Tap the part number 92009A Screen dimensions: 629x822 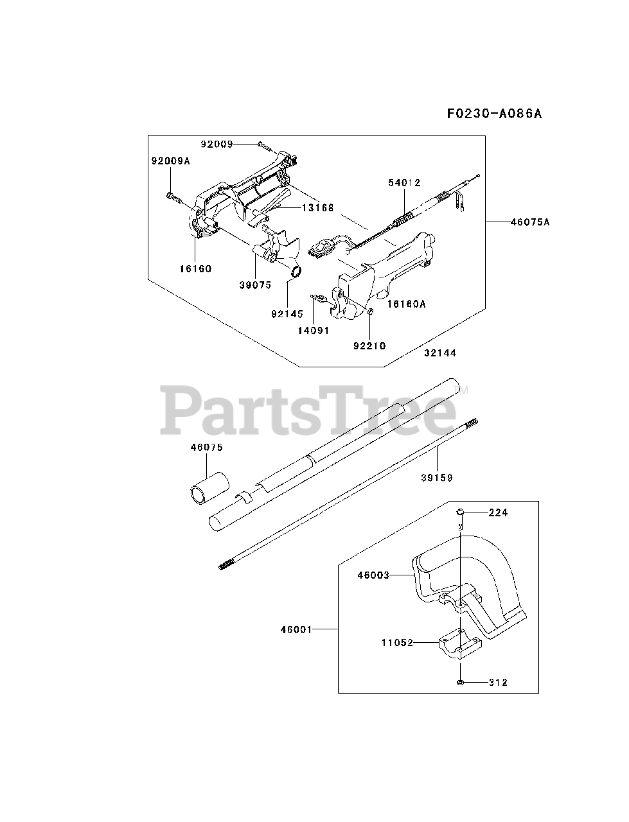tap(171, 161)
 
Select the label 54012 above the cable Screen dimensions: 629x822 tap(404, 183)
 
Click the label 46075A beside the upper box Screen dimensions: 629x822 tap(531, 222)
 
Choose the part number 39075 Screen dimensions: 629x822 tap(256, 284)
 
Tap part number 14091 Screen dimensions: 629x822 tap(313, 331)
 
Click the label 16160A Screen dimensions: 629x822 tap(406, 304)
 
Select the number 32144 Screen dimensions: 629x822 tap(440, 353)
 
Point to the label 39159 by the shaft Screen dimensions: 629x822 tap(437, 477)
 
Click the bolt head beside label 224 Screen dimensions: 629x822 tap(462, 512)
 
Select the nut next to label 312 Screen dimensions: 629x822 tap(462, 682)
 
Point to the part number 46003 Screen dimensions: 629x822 tap(373, 575)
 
